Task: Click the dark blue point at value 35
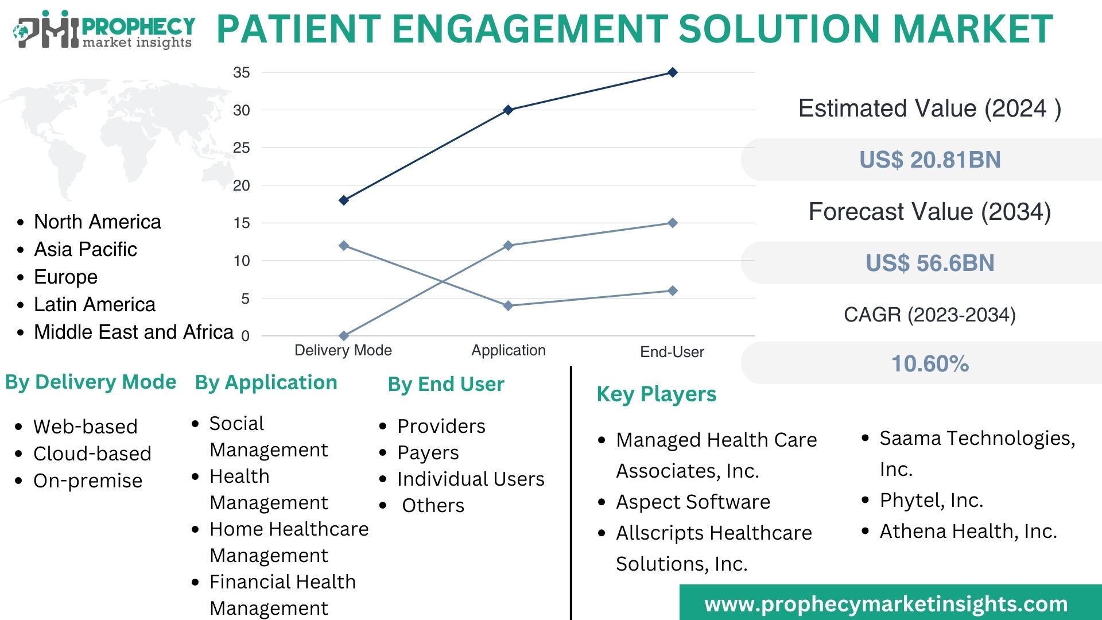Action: [x=673, y=72]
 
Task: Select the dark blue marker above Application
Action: [x=508, y=110]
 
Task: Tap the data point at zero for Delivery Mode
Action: [x=344, y=335]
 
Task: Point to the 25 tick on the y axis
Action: [x=242, y=148]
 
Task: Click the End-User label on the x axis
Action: [x=672, y=352]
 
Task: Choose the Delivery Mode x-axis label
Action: [x=343, y=350]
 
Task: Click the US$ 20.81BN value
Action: [x=929, y=160]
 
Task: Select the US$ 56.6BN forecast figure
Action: [x=929, y=263]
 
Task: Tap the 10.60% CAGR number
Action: [x=929, y=363]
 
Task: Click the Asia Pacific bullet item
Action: [x=86, y=249]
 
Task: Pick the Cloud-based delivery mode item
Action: [x=92, y=454]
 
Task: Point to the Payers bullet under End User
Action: [x=428, y=453]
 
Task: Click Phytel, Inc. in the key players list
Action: [x=931, y=501]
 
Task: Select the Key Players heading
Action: [x=656, y=394]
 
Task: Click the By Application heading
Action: [x=266, y=382]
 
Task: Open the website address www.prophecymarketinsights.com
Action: [x=886, y=604]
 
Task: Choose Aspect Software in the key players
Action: [x=693, y=502]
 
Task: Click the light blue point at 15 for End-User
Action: [x=673, y=223]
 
